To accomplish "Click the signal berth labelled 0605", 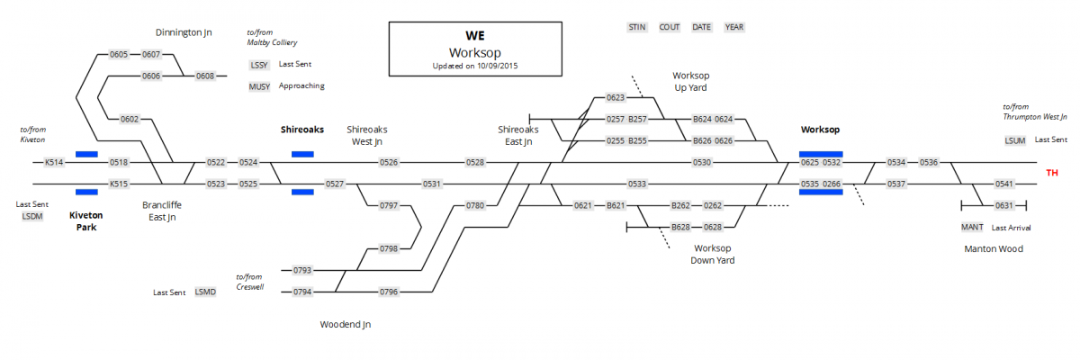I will click(119, 55).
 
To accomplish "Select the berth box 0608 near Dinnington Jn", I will click(206, 76).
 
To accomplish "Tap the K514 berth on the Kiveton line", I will click(55, 162).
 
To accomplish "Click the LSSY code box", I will click(259, 65).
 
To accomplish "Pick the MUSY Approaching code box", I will click(259, 86).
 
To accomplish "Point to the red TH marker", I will click(1051, 173).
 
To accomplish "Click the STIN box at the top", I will click(637, 27).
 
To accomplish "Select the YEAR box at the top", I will click(734, 27).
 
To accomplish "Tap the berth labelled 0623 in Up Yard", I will click(616, 97).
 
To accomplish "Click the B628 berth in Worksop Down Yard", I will click(681, 227).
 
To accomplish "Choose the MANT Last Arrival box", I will click(972, 227).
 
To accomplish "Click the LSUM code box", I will click(1015, 140).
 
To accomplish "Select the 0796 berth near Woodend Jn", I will click(389, 292).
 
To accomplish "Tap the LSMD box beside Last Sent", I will click(205, 292).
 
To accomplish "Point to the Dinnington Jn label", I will click(184, 32).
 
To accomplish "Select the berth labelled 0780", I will click(475, 205).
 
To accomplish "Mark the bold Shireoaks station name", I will click(302, 130).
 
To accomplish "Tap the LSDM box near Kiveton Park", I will click(32, 216).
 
